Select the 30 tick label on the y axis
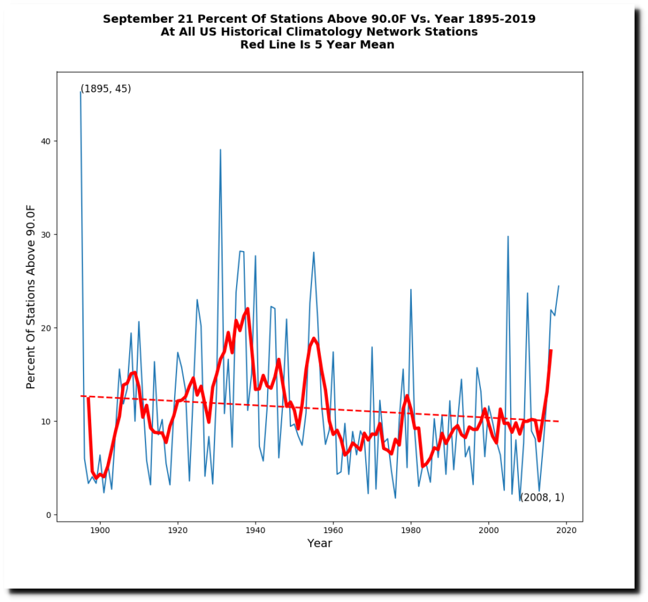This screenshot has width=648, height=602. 46,235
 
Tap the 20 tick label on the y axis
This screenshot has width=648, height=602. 46,328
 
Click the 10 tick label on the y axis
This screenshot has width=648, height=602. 46,421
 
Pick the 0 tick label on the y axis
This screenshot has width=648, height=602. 49,515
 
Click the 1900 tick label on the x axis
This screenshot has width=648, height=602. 100,530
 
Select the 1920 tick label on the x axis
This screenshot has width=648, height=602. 178,530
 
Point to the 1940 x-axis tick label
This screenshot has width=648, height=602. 256,530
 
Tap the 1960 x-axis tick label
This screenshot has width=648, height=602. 333,530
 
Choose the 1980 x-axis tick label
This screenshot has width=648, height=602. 411,530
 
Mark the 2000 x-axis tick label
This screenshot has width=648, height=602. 489,530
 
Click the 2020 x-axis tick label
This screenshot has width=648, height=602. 567,530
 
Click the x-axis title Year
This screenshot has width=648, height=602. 320,544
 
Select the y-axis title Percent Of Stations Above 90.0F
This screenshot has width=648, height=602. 31,297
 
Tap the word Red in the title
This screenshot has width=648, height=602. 252,45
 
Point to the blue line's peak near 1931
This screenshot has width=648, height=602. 220,150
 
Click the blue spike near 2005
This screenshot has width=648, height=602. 508,236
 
